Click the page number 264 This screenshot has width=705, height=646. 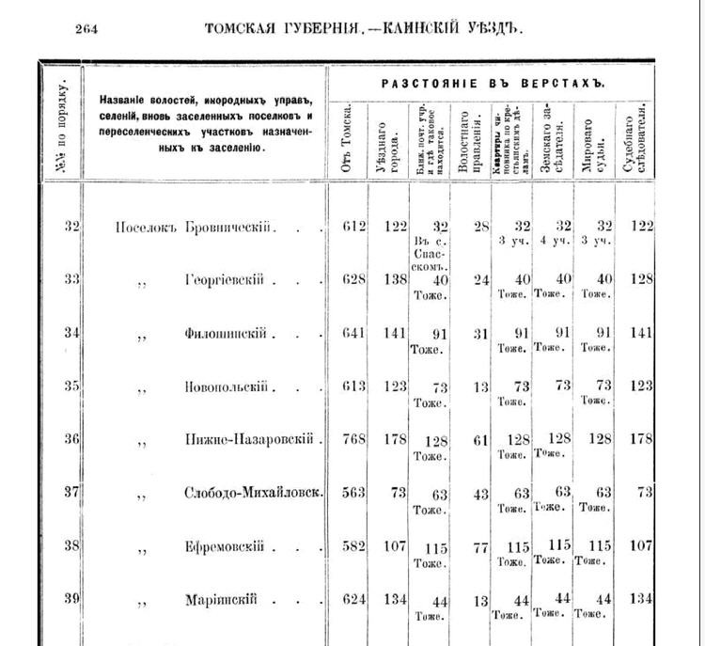point(86,28)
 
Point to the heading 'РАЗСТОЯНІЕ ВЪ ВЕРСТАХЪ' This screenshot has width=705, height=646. point(493,84)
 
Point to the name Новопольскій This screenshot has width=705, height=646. point(228,387)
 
